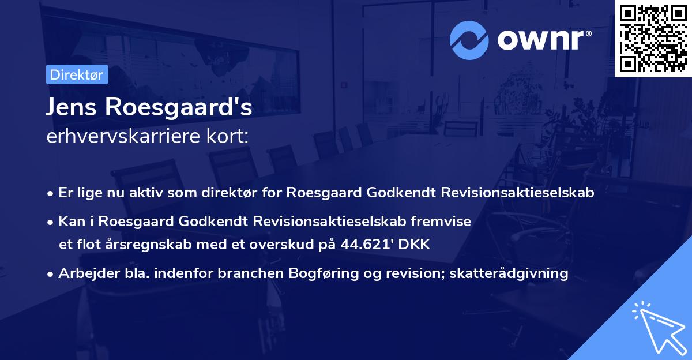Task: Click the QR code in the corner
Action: point(653,38)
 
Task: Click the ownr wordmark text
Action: point(545,39)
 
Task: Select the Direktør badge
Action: point(77,74)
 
